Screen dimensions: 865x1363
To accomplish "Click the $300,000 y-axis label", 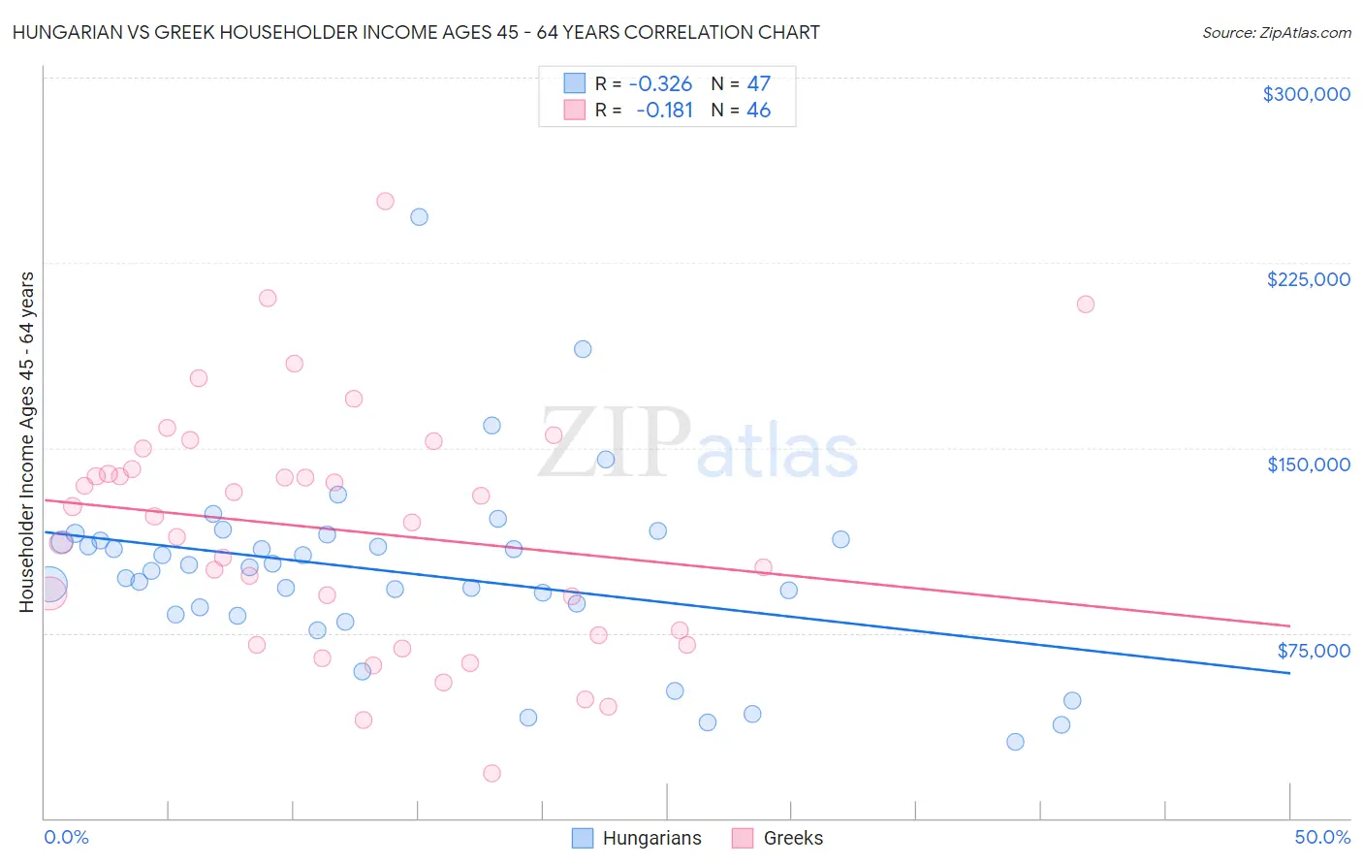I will pyautogui.click(x=1306, y=94).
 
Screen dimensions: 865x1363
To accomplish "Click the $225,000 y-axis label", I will pyautogui.click(x=1308, y=279).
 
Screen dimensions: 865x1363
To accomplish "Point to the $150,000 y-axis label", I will pyautogui.click(x=1308, y=465).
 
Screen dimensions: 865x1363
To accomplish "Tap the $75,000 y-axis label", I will pyautogui.click(x=1313, y=651).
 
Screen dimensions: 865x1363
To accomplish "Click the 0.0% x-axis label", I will pyautogui.click(x=66, y=837).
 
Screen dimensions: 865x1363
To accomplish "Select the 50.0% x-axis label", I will pyautogui.click(x=1322, y=837).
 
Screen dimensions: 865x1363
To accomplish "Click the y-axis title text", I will pyautogui.click(x=26, y=442).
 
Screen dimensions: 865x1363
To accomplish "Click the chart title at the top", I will pyautogui.click(x=416, y=32).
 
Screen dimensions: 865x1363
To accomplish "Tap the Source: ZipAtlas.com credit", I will pyautogui.click(x=1276, y=32).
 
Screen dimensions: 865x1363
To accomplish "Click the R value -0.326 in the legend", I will pyautogui.click(x=660, y=83).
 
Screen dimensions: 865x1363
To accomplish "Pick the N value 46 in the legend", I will pyautogui.click(x=758, y=111).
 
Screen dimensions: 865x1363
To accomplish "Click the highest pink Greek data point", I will pyautogui.click(x=385, y=202).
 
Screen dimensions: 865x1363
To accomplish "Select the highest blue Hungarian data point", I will pyautogui.click(x=419, y=217).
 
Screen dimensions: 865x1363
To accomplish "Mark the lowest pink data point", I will pyautogui.click(x=491, y=773).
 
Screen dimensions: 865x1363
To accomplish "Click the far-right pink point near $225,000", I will pyautogui.click(x=1085, y=304).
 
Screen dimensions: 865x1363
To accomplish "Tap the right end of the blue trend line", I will pyautogui.click(x=1289, y=673).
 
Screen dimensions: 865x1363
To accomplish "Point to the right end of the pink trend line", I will pyautogui.click(x=1289, y=625).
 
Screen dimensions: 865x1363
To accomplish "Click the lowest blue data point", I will pyautogui.click(x=1015, y=742).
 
